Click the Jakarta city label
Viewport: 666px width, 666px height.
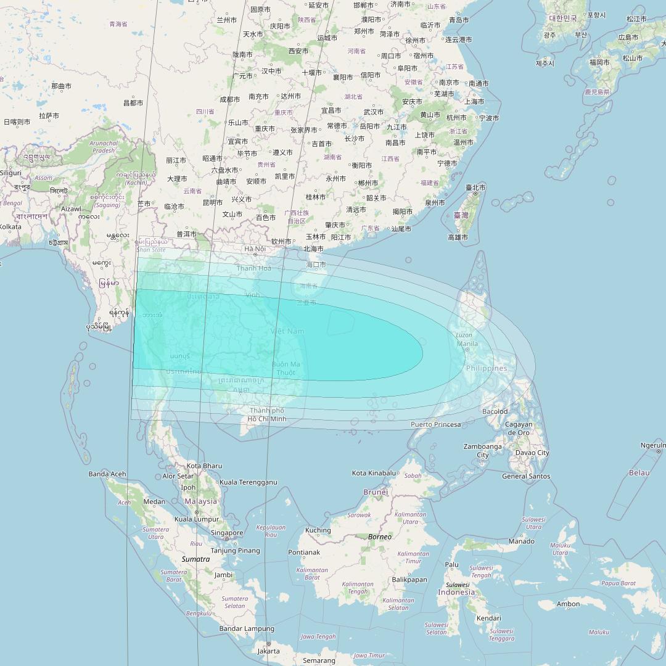pyautogui.click(x=268, y=651)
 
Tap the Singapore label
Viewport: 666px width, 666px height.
pyautogui.click(x=226, y=533)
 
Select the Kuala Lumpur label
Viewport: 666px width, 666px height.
pyautogui.click(x=196, y=519)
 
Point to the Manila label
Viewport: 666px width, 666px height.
pyautogui.click(x=467, y=343)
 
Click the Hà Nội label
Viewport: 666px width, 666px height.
pyautogui.click(x=254, y=249)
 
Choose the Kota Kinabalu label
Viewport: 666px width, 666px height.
pyautogui.click(x=374, y=473)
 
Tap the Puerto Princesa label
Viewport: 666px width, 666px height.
pyautogui.click(x=435, y=424)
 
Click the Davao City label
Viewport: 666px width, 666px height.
pyautogui.click(x=532, y=453)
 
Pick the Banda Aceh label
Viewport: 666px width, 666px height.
pyautogui.click(x=107, y=474)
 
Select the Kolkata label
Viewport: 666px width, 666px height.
pyautogui.click(x=10, y=227)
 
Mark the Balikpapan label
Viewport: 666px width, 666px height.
pyautogui.click(x=409, y=580)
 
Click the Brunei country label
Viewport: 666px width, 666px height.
pyautogui.click(x=376, y=492)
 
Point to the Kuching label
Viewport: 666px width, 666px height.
pyautogui.click(x=318, y=530)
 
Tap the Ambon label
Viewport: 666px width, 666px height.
pyautogui.click(x=568, y=604)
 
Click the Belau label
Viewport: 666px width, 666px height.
pyautogui.click(x=639, y=472)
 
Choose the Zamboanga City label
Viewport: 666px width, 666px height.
pyautogui.click(x=482, y=451)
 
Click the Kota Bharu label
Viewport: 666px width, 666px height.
pyautogui.click(x=203, y=466)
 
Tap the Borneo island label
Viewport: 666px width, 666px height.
pyautogui.click(x=379, y=536)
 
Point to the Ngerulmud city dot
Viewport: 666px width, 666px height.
pyautogui.click(x=659, y=451)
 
